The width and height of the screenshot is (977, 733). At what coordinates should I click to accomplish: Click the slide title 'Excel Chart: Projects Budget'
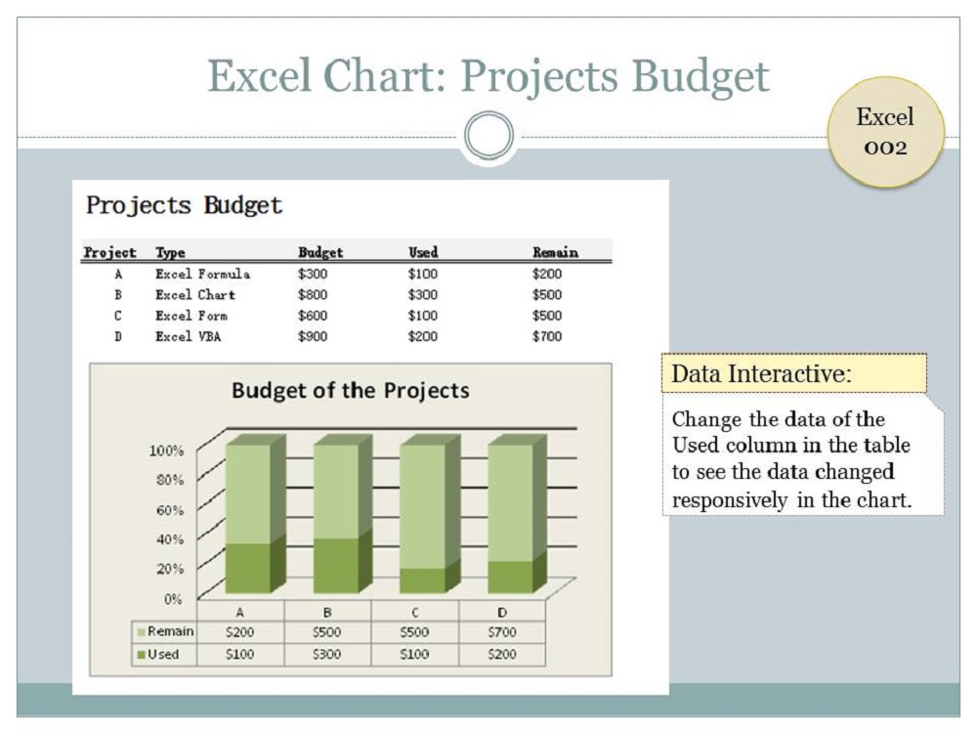(488, 75)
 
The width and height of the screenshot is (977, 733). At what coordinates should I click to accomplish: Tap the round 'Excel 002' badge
(885, 132)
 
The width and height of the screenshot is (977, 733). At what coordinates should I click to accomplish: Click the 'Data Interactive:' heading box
(793, 373)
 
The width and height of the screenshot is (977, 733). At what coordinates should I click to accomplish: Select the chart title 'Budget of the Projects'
(350, 391)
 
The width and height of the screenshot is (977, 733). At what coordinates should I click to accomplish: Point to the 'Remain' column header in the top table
(555, 252)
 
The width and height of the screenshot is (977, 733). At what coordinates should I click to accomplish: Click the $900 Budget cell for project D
(313, 336)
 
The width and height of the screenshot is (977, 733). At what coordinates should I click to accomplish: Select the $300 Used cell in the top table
(422, 294)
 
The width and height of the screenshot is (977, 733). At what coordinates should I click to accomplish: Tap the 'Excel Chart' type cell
(195, 294)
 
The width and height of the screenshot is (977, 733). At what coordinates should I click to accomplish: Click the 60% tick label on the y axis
(166, 510)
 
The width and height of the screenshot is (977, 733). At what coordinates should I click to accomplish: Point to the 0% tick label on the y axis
(171, 598)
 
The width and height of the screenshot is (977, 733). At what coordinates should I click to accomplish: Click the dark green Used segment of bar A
(248, 567)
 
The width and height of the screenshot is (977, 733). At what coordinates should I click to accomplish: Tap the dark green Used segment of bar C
(422, 580)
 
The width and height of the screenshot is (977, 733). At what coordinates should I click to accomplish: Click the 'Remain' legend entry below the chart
(165, 632)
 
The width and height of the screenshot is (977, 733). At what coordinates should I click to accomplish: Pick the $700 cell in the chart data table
(501, 632)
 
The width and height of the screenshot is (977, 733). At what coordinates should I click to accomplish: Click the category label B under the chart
(327, 612)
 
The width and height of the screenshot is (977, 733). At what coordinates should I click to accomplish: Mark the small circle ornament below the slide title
(488, 136)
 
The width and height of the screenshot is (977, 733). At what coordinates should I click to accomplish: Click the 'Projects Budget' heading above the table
(184, 206)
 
